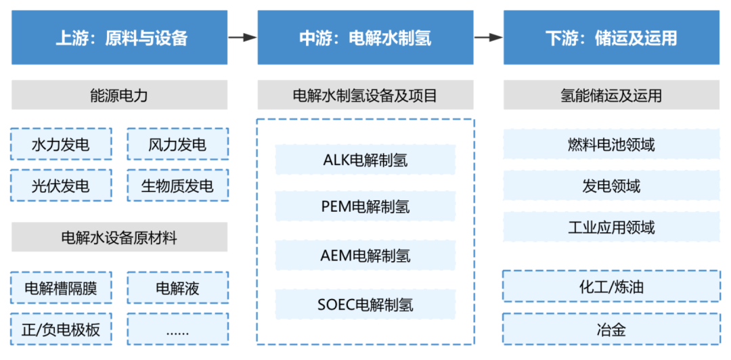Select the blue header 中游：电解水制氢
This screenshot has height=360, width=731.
pos(365,38)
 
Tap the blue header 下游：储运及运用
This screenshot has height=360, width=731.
pos(611,38)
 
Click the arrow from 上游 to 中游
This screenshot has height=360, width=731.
pos(242,38)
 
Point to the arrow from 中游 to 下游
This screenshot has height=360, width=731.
pos(488,38)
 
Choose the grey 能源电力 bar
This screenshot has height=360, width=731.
pos(120,95)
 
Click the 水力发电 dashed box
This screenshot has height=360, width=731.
pos(62,144)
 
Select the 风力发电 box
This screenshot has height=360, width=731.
pos(177,144)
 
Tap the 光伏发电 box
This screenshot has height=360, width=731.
pos(62,185)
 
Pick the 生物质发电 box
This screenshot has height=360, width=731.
pos(177,185)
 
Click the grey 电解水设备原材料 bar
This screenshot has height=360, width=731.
pos(120,238)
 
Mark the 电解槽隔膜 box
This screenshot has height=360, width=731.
pos(62,288)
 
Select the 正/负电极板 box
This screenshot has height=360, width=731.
pos(62,330)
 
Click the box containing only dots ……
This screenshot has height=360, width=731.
pos(177,330)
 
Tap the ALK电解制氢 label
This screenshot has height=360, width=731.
pos(365,160)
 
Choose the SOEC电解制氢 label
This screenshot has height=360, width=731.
pos(365,305)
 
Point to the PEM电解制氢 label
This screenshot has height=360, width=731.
pos(365,206)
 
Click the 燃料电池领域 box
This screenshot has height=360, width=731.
pos(611,144)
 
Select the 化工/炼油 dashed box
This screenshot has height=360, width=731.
pos(611,287)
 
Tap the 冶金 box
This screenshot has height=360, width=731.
pos(611,330)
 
